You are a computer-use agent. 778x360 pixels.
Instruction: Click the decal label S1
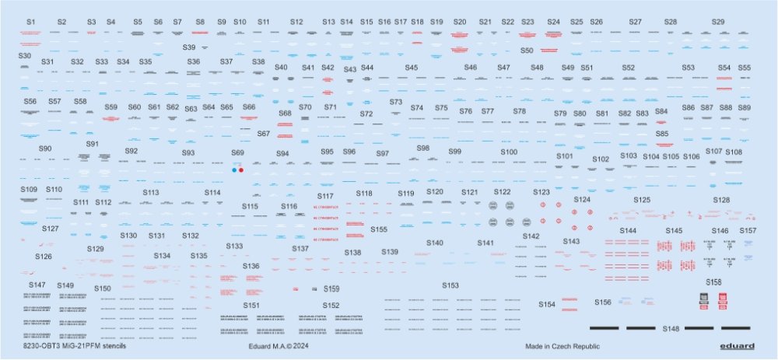[30, 23]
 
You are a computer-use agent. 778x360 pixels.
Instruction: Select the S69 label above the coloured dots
[238, 153]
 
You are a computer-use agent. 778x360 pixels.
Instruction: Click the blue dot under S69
[234, 169]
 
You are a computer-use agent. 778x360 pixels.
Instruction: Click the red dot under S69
[242, 169]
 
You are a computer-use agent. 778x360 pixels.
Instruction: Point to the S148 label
[671, 328]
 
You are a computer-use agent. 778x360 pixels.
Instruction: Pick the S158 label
[713, 281]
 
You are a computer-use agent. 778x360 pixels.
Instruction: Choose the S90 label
[44, 149]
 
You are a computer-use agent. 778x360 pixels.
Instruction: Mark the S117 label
[325, 196]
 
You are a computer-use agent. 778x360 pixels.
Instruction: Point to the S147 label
[37, 285]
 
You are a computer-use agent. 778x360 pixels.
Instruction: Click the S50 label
[527, 51]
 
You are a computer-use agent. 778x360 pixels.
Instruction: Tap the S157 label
[747, 231]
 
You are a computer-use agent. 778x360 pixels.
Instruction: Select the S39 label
[189, 47]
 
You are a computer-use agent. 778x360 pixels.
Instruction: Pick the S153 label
[450, 285]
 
